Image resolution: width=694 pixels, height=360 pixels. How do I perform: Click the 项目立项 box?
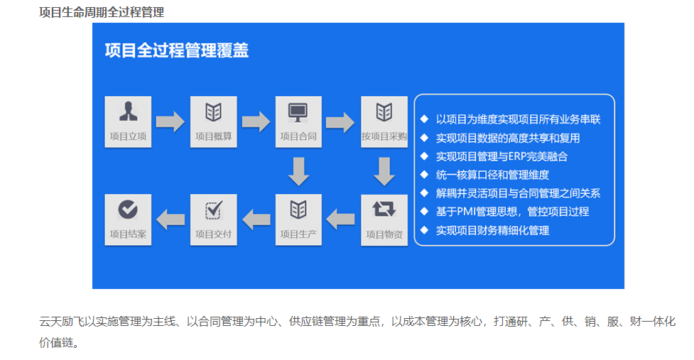[x=128, y=121]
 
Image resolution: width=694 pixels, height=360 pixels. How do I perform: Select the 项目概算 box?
[x=213, y=121]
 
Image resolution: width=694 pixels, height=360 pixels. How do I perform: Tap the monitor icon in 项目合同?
[x=298, y=112]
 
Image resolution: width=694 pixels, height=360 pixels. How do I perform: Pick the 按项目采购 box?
[x=384, y=121]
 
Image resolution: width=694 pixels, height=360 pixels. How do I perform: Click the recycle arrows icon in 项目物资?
[x=384, y=209]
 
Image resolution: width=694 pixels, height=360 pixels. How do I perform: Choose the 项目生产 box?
[x=298, y=220]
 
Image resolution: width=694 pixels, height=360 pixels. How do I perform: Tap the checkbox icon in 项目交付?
[x=214, y=209]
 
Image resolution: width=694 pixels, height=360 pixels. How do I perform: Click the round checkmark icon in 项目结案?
[x=128, y=209]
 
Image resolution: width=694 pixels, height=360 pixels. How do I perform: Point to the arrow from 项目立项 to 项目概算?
[x=170, y=121]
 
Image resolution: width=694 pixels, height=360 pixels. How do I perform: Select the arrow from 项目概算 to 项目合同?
[x=256, y=121]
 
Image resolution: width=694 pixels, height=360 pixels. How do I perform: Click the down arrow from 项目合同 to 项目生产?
[x=299, y=171]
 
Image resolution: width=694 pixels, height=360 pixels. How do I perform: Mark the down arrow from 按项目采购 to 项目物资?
[x=384, y=171]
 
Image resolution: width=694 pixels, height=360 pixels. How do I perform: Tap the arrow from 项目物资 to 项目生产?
[x=340, y=219]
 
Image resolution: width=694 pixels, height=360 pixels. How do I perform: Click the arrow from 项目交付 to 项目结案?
[x=170, y=219]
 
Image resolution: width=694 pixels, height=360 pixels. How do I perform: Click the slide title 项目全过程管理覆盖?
[x=177, y=50]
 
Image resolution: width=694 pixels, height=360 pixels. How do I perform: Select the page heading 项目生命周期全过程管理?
[x=102, y=12]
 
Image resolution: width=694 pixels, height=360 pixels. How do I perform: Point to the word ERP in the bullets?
[x=517, y=156]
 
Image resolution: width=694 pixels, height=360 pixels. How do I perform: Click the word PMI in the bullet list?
[x=467, y=212]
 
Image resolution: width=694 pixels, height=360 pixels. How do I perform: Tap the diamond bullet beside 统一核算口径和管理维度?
[x=424, y=175]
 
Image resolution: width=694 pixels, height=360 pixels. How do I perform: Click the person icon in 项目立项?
[x=128, y=111]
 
